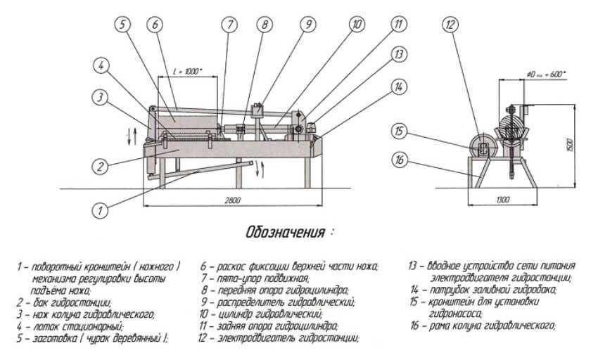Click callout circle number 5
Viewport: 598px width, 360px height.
[x=122, y=25]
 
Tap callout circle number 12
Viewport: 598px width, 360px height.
[x=450, y=25]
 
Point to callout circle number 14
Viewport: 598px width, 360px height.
[x=399, y=86]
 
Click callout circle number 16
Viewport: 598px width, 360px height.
[x=400, y=160]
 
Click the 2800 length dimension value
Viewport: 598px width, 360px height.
[x=233, y=200]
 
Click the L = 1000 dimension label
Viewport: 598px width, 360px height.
[x=188, y=72]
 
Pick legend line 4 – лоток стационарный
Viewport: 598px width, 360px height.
[x=60, y=326]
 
